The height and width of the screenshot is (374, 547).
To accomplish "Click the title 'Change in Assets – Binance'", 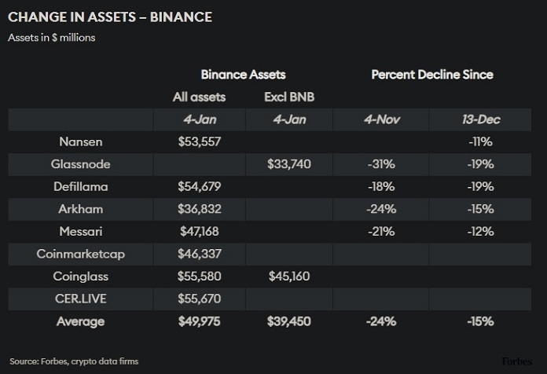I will [x=109, y=16].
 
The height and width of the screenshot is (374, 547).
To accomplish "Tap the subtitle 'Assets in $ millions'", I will [x=52, y=38].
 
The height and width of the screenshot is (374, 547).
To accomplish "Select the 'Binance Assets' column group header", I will [x=243, y=75].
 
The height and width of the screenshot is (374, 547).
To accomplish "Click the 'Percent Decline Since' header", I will [x=431, y=75].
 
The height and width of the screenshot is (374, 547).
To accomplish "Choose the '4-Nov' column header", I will [x=380, y=119].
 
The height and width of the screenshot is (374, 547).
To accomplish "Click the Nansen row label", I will [x=80, y=142].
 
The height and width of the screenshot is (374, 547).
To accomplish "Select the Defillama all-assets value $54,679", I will [x=200, y=187].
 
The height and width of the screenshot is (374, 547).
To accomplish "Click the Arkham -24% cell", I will [x=380, y=209].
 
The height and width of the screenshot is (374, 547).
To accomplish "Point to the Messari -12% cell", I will [x=479, y=231].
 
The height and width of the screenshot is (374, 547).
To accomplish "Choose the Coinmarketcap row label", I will [x=80, y=254].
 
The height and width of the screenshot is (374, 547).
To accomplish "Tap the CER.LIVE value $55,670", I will [x=200, y=299].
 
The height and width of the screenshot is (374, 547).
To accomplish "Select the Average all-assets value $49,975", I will [x=200, y=321].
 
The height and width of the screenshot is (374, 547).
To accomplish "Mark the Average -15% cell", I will [x=479, y=321].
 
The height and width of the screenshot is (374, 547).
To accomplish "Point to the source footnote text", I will [x=75, y=361].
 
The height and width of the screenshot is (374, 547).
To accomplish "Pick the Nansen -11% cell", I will [x=479, y=142].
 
